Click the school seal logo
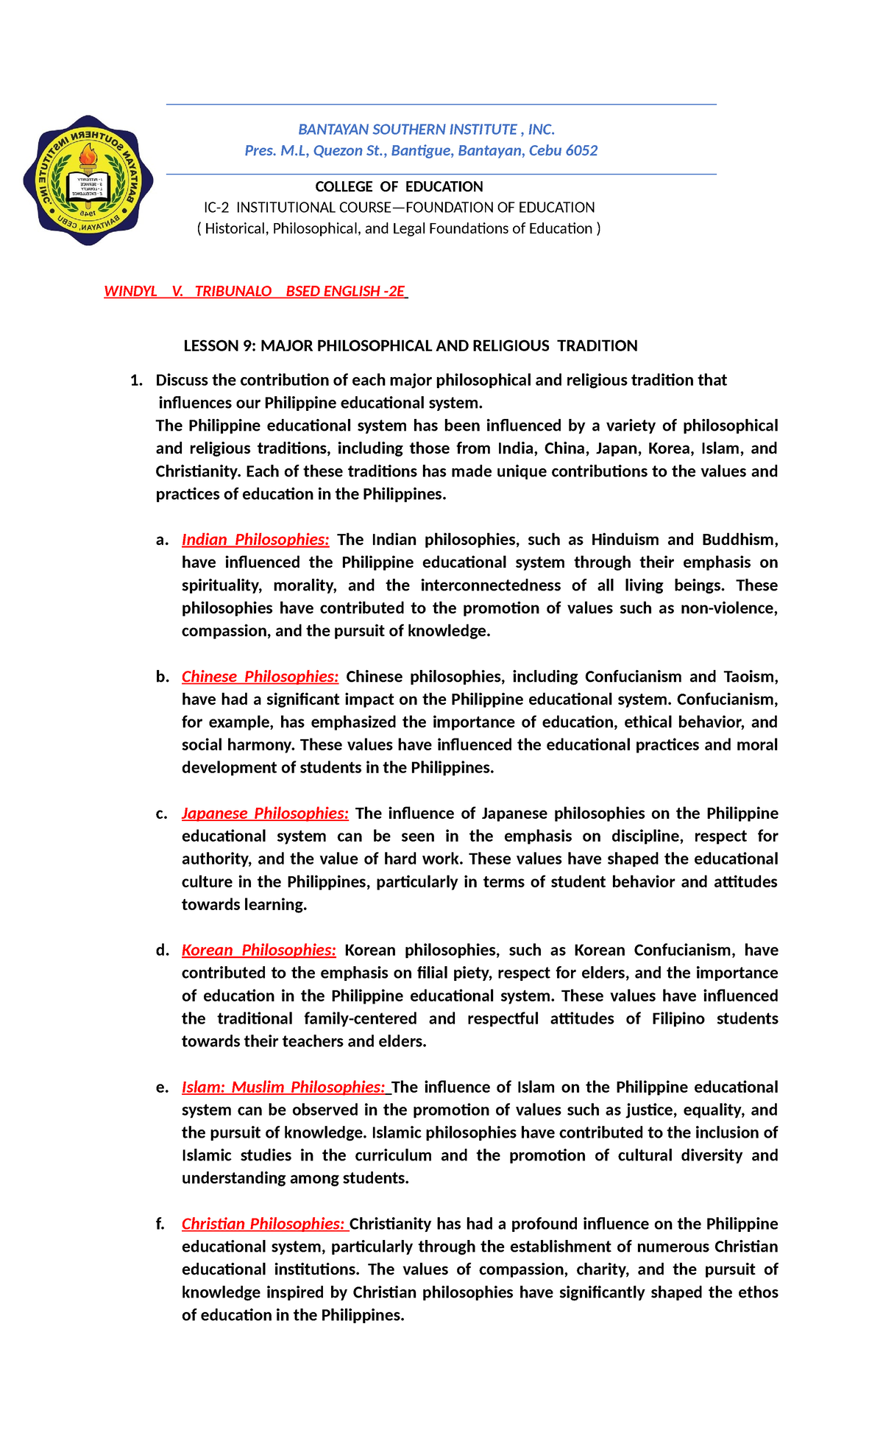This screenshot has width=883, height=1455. click(88, 180)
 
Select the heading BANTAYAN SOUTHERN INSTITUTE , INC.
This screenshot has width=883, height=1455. click(426, 130)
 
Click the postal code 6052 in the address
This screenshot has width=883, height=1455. click(581, 151)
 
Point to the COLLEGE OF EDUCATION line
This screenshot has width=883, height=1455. click(399, 187)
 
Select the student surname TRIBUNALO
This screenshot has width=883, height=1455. click(233, 292)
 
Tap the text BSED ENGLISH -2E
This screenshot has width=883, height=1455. click(345, 292)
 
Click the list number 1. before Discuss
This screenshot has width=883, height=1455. click(135, 381)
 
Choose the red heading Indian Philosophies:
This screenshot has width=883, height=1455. click(255, 540)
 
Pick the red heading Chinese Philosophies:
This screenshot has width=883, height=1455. click(260, 677)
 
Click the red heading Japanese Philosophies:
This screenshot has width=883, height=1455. click(265, 814)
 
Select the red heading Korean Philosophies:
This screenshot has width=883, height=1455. click(259, 951)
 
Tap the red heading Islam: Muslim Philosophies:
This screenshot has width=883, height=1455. click(283, 1088)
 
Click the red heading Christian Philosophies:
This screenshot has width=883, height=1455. click(263, 1225)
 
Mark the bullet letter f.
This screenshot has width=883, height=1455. click(160, 1225)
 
